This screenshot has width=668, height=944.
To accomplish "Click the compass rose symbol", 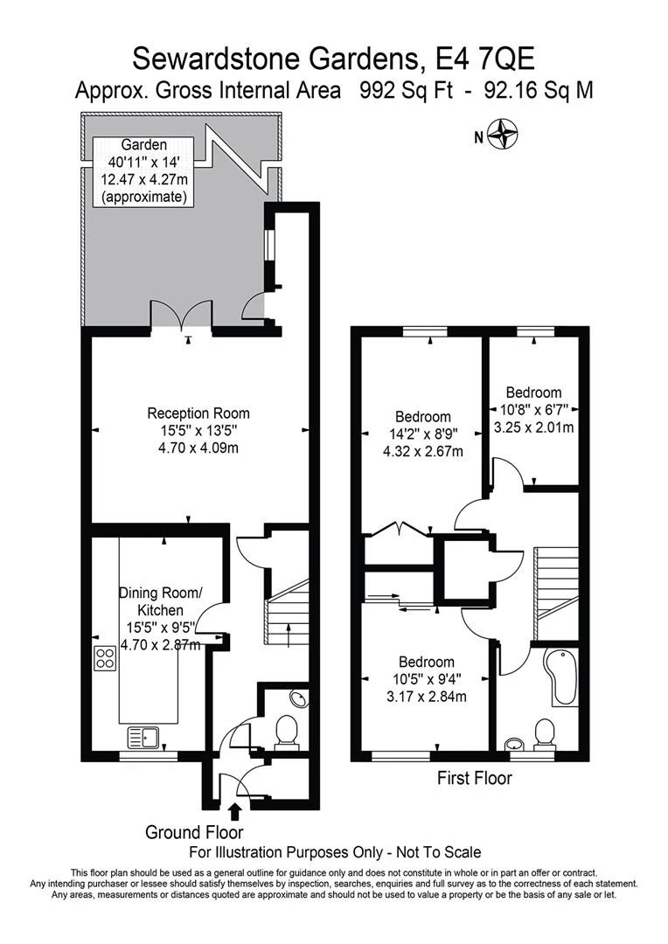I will click(x=504, y=136).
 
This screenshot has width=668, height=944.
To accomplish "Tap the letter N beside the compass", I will click(x=478, y=136).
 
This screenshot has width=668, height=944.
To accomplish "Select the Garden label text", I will click(x=143, y=145).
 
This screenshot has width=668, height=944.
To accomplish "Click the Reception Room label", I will click(x=198, y=413).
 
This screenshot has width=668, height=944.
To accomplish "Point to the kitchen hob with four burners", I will click(x=106, y=657).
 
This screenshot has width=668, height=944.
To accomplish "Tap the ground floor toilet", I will click(x=286, y=732).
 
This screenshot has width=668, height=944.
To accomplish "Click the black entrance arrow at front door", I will click(x=235, y=812).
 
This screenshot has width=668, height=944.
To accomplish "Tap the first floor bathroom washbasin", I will click(x=515, y=744).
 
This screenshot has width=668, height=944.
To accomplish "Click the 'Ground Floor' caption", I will click(x=194, y=832).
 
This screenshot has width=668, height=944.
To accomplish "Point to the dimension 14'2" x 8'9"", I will click(x=423, y=434).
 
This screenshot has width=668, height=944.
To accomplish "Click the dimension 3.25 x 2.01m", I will click(x=533, y=427).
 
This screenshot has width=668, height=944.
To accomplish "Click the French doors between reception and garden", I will click(x=182, y=316).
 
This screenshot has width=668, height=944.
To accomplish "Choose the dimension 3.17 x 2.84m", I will click(x=426, y=697).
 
